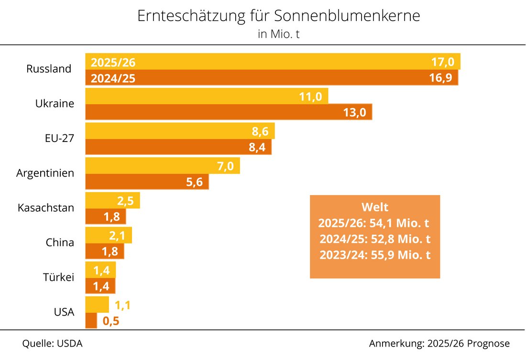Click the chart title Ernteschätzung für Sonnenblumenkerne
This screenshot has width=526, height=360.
tap(279, 16)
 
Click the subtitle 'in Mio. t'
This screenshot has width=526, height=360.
tap(279, 34)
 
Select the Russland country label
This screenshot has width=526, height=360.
tap(49, 69)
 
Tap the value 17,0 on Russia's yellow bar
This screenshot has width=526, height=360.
tap(443, 62)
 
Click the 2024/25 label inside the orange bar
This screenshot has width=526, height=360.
tap(113, 78)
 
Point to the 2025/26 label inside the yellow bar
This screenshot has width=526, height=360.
tap(113, 62)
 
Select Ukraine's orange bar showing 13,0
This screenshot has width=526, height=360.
tap(229, 112)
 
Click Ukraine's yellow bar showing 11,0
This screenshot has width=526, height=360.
tap(207, 96)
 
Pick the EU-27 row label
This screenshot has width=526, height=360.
tap(56, 139)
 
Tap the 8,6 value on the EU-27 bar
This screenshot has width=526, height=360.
tap(261, 131)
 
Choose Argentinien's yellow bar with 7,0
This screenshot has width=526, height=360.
tap(163, 166)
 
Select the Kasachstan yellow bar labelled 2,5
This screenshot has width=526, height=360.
tap(112, 200)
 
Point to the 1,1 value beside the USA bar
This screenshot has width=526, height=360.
tap(123, 305)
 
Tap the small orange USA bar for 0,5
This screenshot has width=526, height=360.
tap(91, 321)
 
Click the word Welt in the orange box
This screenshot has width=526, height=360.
tap(375, 207)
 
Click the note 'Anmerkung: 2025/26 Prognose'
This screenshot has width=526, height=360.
tap(439, 344)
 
